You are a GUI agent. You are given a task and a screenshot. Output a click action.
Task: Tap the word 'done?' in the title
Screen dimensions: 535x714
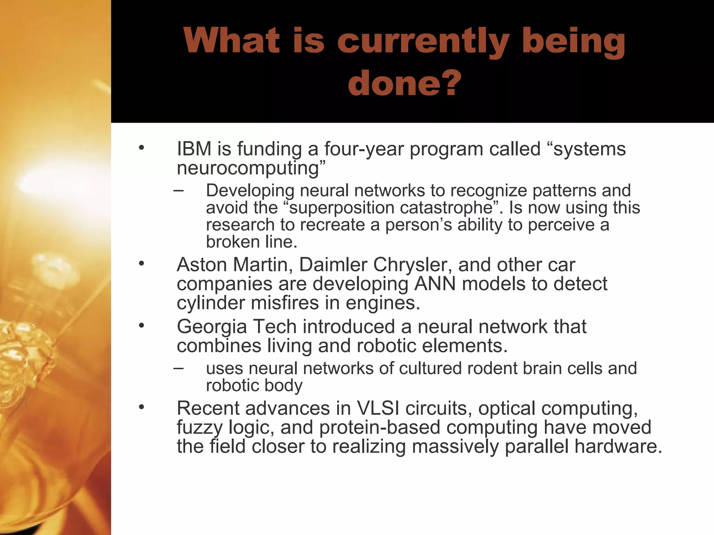[x=404, y=84]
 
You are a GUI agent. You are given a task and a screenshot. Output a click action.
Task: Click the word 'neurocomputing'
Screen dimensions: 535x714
[x=251, y=168]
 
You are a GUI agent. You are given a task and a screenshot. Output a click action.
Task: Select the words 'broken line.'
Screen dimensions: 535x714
[x=251, y=242]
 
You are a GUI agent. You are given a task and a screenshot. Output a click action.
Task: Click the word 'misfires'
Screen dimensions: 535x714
[x=284, y=303]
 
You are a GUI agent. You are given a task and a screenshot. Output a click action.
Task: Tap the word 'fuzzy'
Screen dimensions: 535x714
[x=199, y=428]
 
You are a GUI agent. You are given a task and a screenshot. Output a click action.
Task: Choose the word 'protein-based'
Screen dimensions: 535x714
[x=380, y=427]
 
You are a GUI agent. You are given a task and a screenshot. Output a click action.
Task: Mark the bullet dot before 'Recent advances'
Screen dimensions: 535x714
[x=141, y=407]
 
